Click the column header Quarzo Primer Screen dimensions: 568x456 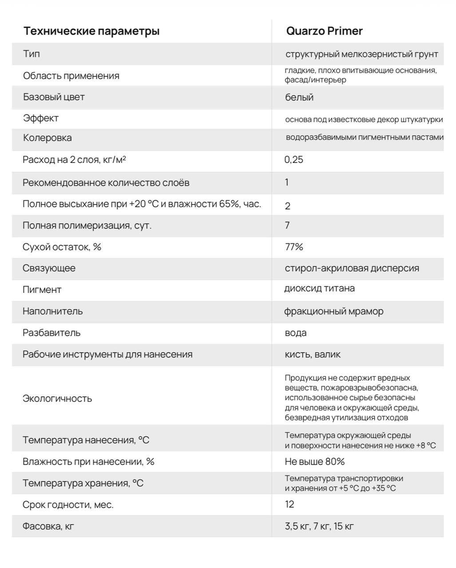tap(324, 31)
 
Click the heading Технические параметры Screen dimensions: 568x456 tap(91, 31)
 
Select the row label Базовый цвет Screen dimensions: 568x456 tap(54, 97)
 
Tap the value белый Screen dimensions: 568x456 tap(299, 97)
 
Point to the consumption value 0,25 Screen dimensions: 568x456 tap(294, 160)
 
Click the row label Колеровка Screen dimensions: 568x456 tap(47, 138)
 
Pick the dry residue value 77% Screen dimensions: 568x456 tap(294, 247)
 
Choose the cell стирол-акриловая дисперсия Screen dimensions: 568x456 tap(352, 268)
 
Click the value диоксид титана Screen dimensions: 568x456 tap(319, 288)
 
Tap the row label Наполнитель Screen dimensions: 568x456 tap(52, 311)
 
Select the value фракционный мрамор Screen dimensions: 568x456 tap(333, 311)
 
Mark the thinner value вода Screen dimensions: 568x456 tap(296, 333)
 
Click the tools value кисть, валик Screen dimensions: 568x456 tap(313, 354)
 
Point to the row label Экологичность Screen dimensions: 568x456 tap(57, 398)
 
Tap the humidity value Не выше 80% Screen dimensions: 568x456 tap(314, 461)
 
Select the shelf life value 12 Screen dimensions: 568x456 tap(289, 504)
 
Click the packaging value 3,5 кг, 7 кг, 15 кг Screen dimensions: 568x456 tap(319, 526)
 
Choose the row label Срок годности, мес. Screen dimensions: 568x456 tap(68, 505)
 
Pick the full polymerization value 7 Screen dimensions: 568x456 tap(287, 225)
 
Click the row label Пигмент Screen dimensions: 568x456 tap(42, 289)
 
